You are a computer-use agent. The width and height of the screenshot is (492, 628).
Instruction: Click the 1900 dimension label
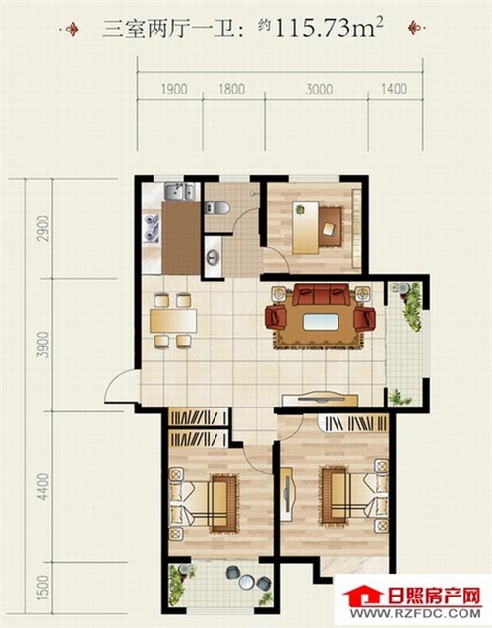tap(174, 89)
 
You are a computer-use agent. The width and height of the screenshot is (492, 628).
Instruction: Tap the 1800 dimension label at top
tap(232, 89)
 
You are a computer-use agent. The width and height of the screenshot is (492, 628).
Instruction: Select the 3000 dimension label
tap(319, 89)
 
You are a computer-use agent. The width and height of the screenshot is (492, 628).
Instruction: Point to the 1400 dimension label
tap(395, 89)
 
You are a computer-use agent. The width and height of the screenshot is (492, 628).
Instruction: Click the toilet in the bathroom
tap(216, 208)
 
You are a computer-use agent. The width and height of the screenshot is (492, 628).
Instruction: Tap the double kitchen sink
tap(179, 191)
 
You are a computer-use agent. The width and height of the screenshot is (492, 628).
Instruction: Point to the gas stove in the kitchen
tap(152, 228)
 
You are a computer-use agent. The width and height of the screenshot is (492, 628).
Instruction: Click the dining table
tap(173, 321)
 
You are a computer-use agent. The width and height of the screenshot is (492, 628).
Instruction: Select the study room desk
tap(305, 227)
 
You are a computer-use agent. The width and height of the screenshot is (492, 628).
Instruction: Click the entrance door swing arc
tap(118, 381)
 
